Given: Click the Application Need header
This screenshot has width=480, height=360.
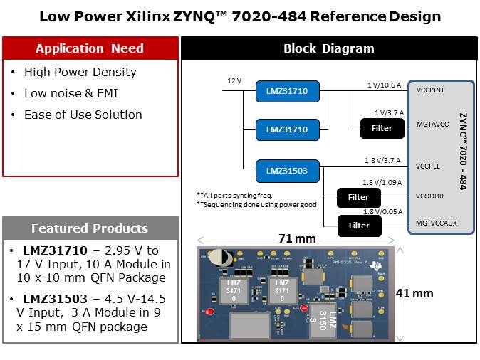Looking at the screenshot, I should [x=90, y=48].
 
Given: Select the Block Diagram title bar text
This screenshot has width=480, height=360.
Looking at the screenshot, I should [x=328, y=48].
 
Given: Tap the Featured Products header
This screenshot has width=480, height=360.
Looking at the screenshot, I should [x=90, y=228].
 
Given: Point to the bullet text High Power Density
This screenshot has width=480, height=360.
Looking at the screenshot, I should [x=80, y=72].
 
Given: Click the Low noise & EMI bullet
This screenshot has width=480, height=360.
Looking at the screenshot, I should [x=71, y=93].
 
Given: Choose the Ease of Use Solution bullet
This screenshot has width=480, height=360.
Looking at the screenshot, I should [x=83, y=115].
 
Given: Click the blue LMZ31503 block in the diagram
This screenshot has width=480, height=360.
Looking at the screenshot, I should [x=287, y=170].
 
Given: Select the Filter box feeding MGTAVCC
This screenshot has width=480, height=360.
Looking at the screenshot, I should [x=382, y=128].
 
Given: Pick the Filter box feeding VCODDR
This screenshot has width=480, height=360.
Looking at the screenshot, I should [x=358, y=196].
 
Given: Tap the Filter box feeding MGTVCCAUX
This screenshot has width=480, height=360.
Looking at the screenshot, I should [x=358, y=226].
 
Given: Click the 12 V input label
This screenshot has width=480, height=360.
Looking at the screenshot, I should [x=234, y=81].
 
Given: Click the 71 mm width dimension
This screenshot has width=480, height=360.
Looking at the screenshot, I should [x=296, y=239].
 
